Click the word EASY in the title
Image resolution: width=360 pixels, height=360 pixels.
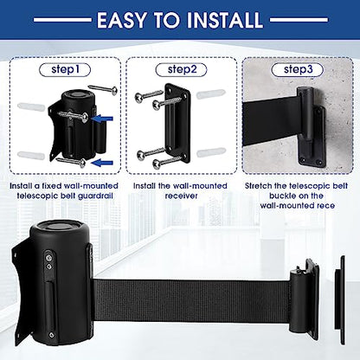click(121, 20)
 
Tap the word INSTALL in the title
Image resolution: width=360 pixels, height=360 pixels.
click(225, 20)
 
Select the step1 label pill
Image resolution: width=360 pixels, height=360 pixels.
click(65, 70)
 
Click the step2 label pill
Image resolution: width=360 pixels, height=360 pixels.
click(181, 70)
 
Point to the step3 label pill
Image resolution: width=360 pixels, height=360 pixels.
click(298, 70)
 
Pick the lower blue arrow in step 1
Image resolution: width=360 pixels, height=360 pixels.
click(102, 163)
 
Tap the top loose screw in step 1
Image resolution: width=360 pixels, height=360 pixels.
click(103, 89)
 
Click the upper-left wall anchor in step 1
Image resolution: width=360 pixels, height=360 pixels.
click(31, 106)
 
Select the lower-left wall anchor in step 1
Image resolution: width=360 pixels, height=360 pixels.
click(31, 155)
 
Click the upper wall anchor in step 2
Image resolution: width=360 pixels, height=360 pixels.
click(210, 94)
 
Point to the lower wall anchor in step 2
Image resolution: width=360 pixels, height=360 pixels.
click(211, 152)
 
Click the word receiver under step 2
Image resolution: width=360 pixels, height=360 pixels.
click(181, 196)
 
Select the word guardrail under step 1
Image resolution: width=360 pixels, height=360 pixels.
click(95, 196)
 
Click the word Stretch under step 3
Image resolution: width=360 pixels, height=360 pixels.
click(259, 186)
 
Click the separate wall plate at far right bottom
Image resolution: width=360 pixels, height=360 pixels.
click(340, 300)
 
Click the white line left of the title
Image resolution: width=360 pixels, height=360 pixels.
click(62, 20)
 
